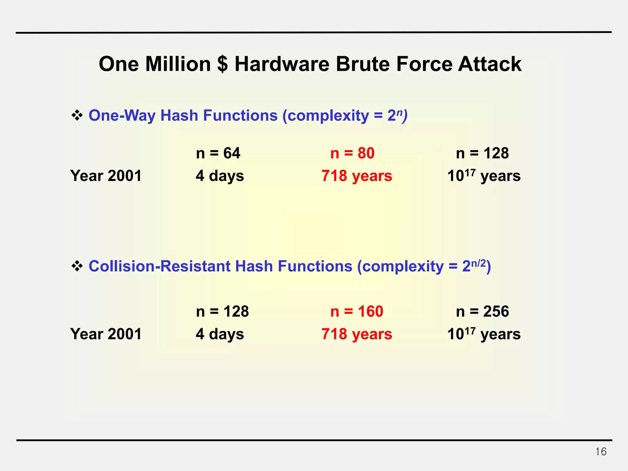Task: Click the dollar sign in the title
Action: (222, 64)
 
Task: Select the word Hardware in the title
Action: (281, 64)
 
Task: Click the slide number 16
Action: (601, 452)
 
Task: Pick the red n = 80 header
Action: (352, 153)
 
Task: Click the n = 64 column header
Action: (218, 153)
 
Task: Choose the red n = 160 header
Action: (357, 312)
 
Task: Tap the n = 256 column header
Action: (482, 312)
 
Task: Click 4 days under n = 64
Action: (220, 176)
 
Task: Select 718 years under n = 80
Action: (357, 176)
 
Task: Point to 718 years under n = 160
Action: (357, 334)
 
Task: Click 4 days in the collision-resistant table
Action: (220, 334)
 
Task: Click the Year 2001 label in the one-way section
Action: (106, 176)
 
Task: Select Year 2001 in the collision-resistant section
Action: (106, 334)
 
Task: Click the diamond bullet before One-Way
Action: (77, 116)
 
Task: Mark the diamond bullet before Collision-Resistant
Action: (77, 266)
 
